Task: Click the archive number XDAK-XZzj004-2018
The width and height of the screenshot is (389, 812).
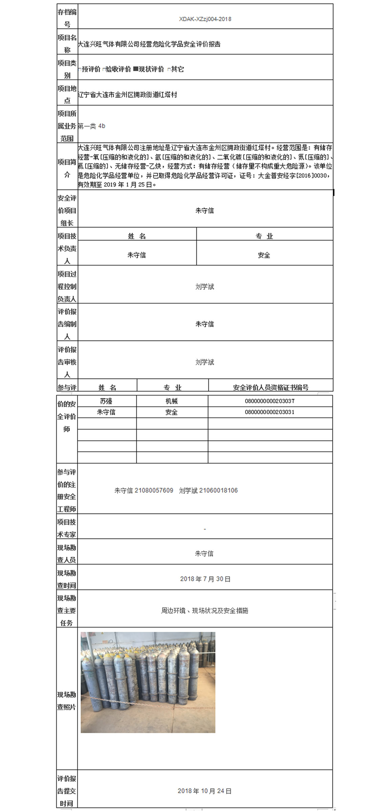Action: click(205, 19)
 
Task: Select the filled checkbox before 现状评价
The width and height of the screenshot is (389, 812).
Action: click(136, 69)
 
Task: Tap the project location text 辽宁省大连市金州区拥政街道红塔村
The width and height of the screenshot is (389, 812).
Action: click(128, 95)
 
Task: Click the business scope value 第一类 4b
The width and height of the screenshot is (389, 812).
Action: click(92, 126)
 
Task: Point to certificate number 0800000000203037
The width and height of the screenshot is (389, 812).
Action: click(270, 401)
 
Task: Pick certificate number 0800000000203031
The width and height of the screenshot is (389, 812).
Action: click(270, 412)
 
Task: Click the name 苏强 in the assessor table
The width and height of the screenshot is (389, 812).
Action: click(106, 401)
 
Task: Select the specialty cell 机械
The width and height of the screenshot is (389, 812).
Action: click(171, 401)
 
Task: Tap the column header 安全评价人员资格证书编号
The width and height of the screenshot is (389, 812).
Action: click(271, 387)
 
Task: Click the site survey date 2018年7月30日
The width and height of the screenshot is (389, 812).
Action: click(205, 579)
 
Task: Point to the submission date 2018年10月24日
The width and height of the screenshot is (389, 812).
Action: click(205, 791)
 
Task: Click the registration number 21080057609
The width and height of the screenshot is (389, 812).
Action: click(154, 491)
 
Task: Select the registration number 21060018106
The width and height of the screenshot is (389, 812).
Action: click(219, 491)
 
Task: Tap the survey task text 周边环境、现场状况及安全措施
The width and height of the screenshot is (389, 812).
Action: click(204, 611)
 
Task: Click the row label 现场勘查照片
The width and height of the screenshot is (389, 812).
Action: click(67, 701)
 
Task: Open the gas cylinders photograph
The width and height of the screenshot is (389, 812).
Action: click(148, 682)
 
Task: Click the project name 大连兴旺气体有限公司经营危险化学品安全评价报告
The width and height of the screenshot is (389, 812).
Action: click(149, 44)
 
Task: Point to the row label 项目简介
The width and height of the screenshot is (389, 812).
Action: click(67, 168)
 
